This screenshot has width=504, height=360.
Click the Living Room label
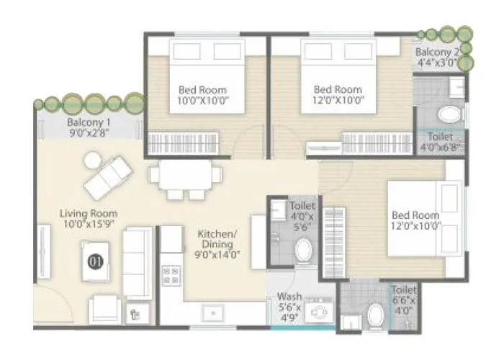[x=89, y=213]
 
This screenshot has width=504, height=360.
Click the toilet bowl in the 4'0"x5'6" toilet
[x=304, y=251]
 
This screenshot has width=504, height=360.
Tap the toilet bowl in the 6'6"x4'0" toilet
[x=374, y=314]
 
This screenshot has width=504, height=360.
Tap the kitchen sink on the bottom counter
[x=212, y=312]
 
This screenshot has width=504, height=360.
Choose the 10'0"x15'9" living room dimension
[x=89, y=225]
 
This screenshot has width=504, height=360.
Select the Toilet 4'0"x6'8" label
[x=440, y=141]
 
